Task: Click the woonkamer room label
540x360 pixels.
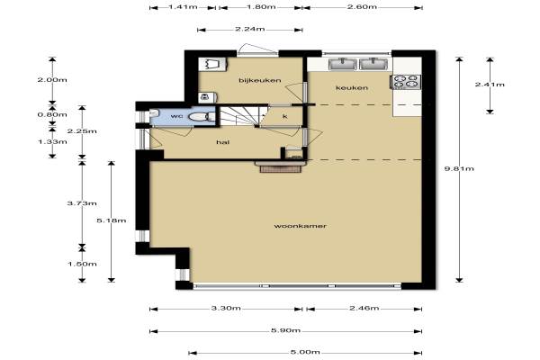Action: [300, 226]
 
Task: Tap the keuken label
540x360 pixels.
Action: [352, 88]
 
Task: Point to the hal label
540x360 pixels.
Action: [223, 142]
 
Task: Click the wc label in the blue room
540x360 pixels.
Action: [176, 116]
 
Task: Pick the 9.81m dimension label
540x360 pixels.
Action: [459, 168]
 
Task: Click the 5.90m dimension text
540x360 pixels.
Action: [285, 330]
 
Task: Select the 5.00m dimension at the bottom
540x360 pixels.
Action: [305, 352]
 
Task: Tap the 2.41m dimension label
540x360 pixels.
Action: [490, 85]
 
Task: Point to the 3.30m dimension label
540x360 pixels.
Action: [226, 308]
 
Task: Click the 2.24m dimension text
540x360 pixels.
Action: [250, 29]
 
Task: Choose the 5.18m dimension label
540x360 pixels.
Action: [112, 220]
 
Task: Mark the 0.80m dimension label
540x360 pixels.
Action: [52, 114]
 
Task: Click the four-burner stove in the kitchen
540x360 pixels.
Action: [406, 82]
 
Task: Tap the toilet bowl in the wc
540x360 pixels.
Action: [200, 117]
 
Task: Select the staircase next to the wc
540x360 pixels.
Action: [240, 116]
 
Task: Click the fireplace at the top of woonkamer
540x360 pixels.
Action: [279, 166]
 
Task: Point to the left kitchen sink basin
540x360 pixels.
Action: [343, 64]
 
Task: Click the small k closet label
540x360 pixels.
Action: [285, 116]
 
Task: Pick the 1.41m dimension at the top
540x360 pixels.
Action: [183, 7]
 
